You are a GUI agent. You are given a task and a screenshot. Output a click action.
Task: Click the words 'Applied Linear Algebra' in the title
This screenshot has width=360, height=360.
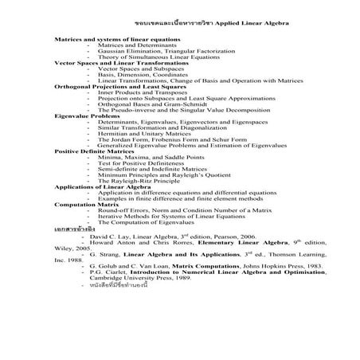click(250, 23)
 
